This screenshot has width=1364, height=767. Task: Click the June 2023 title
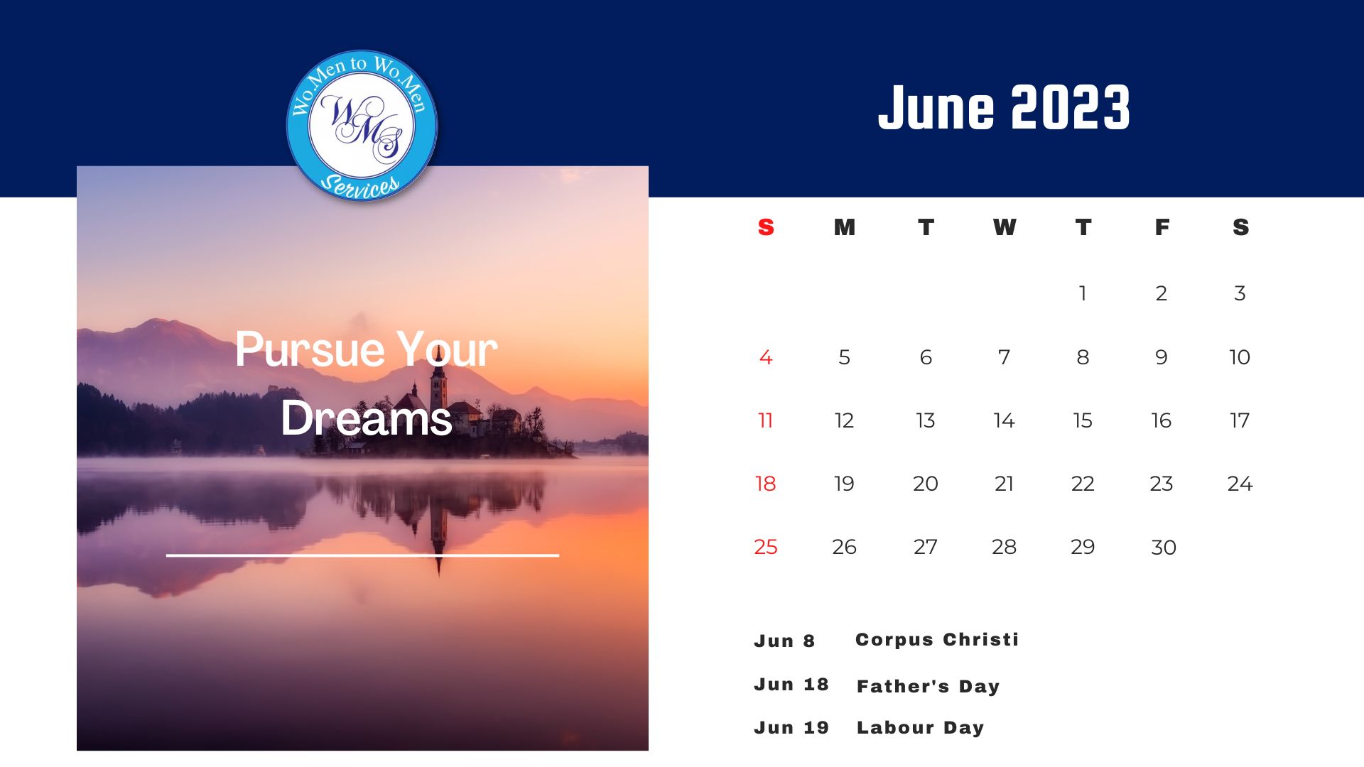pyautogui.click(x=1004, y=107)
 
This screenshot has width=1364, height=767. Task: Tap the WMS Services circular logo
pyautogui.click(x=362, y=126)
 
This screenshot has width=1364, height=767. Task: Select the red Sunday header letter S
pyautogui.click(x=766, y=227)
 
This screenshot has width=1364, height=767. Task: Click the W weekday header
pyautogui.click(x=1005, y=227)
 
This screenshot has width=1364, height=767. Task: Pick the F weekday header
pyautogui.click(x=1162, y=227)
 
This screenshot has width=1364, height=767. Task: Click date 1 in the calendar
pyautogui.click(x=1083, y=293)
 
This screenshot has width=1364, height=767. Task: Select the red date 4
pyautogui.click(x=766, y=357)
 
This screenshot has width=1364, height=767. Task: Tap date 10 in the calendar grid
pyautogui.click(x=1240, y=357)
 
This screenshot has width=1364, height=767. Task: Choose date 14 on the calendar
pyautogui.click(x=1004, y=420)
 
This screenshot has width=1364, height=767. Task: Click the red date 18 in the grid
pyautogui.click(x=766, y=484)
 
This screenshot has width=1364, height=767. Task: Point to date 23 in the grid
pyautogui.click(x=1162, y=484)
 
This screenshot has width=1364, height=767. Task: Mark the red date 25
pyautogui.click(x=766, y=547)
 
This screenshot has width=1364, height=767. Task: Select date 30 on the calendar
pyautogui.click(x=1164, y=548)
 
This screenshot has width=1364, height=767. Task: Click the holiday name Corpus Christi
pyautogui.click(x=937, y=640)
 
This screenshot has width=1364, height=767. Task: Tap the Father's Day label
pyautogui.click(x=928, y=686)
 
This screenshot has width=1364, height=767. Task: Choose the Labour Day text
pyautogui.click(x=920, y=728)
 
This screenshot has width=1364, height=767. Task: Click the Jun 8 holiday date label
pyautogui.click(x=784, y=641)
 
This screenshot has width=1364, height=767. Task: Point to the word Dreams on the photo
pyautogui.click(x=367, y=418)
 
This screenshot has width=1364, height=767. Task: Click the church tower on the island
pyautogui.click(x=438, y=387)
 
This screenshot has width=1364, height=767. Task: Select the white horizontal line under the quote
pyautogui.click(x=362, y=555)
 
